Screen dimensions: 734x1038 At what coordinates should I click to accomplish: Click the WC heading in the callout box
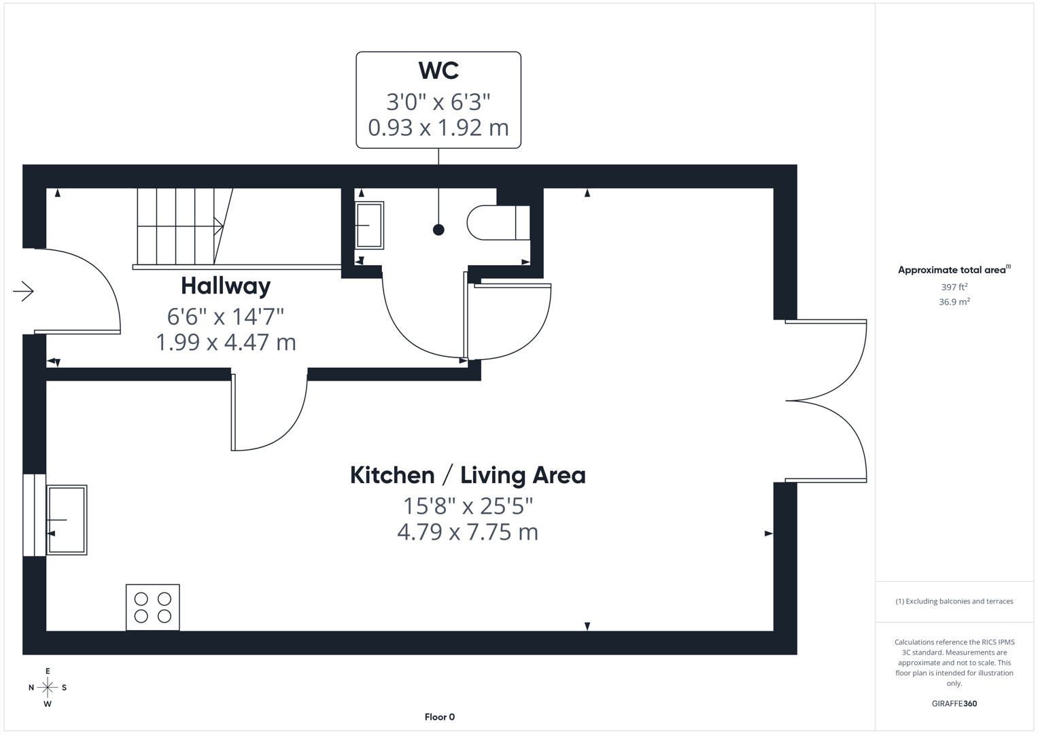438,71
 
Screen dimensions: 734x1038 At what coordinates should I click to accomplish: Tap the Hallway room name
226,286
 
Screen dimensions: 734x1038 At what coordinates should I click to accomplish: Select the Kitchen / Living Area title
468,475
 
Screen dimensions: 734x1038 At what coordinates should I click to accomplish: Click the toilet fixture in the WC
498,222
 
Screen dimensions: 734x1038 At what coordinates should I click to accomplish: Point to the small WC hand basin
369,225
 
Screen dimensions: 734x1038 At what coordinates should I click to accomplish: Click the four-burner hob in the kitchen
153,607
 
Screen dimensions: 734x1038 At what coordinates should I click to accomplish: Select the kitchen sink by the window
67,520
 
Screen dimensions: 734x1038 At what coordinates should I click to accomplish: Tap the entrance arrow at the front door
23,292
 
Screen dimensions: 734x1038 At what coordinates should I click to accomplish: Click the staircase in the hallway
180,226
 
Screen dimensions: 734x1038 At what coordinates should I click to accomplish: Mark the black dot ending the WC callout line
438,230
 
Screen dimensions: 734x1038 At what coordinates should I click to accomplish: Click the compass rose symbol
48,688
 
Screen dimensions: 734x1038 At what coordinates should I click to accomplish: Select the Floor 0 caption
439,717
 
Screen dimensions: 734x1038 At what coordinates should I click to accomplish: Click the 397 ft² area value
954,287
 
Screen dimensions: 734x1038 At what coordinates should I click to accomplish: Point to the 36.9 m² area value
954,302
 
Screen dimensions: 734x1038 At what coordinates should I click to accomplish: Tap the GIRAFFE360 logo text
954,703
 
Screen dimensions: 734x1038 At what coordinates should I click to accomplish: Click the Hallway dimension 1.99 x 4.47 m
226,342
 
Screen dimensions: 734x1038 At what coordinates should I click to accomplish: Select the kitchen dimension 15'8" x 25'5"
468,506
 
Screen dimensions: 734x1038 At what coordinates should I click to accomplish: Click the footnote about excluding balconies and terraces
954,601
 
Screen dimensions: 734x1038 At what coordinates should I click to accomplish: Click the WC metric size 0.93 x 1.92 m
438,128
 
